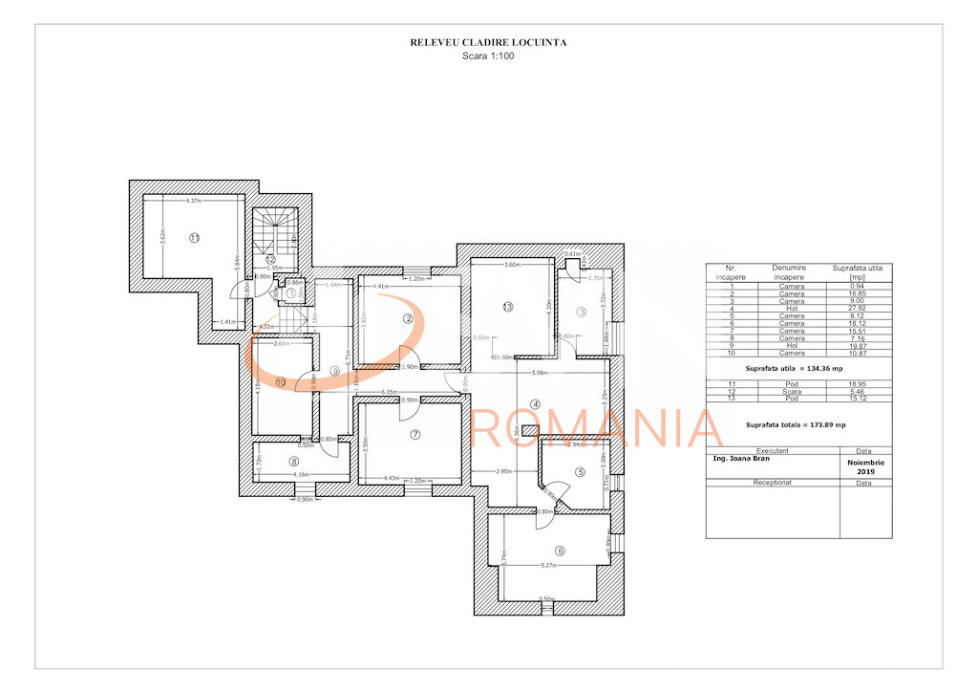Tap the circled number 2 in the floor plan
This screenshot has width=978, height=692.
[407, 319]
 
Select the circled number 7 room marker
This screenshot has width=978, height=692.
[415, 434]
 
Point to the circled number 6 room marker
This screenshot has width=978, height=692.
[560, 551]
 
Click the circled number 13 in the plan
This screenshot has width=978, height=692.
[508, 307]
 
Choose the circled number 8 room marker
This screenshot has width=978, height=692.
[294, 462]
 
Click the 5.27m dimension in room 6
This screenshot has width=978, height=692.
[548, 566]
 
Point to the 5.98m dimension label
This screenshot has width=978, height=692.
[566, 373]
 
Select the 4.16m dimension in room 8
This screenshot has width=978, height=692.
[301, 475]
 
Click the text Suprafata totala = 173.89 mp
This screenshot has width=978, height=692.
[796, 424]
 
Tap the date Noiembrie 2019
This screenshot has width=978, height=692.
[865, 465]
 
